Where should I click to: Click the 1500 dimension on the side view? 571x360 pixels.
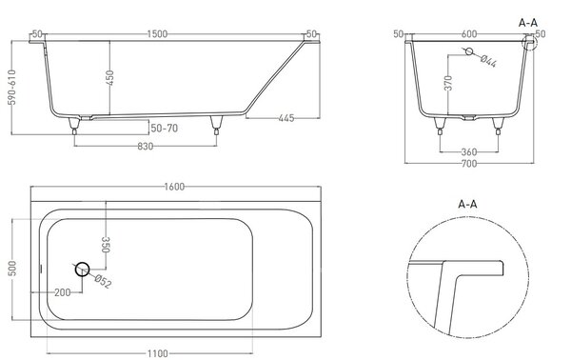(157, 34)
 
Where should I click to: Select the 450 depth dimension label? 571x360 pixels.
(109, 77)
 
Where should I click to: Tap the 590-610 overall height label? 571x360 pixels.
(12, 87)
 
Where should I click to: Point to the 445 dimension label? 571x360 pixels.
(286, 118)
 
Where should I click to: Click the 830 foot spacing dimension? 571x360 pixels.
(146, 147)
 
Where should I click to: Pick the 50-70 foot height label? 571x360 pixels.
(165, 129)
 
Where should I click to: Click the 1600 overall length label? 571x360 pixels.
(174, 187)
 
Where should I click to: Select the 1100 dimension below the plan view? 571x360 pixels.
(158, 353)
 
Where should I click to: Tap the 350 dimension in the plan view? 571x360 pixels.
(106, 245)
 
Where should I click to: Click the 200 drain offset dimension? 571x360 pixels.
(62, 292)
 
